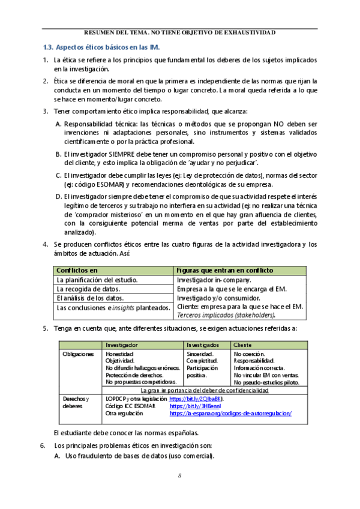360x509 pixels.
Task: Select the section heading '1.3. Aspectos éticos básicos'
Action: click(101, 47)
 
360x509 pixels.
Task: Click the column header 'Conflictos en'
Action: click(76, 271)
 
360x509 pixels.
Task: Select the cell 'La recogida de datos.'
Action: click(87, 289)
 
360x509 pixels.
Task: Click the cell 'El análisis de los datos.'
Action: click(90, 298)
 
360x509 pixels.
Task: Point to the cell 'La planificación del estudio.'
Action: click(97, 280)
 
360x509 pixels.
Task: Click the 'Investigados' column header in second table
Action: click(202, 345)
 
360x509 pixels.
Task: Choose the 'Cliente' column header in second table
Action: click(242, 345)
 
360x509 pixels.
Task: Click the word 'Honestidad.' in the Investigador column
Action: click(119, 354)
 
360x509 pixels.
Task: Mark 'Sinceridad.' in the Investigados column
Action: click(201, 354)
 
